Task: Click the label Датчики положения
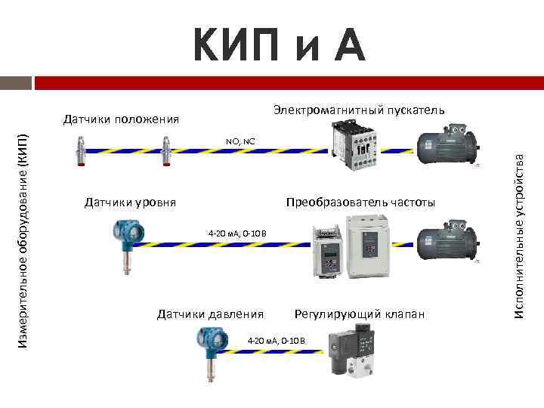(x=121, y=119)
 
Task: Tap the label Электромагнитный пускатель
(x=359, y=110)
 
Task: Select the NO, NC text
(x=240, y=141)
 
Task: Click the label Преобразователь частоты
(x=360, y=202)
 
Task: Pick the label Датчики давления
(x=210, y=314)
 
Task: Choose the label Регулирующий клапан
(x=360, y=314)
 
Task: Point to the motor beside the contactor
(x=445, y=147)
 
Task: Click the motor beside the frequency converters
(x=445, y=242)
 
